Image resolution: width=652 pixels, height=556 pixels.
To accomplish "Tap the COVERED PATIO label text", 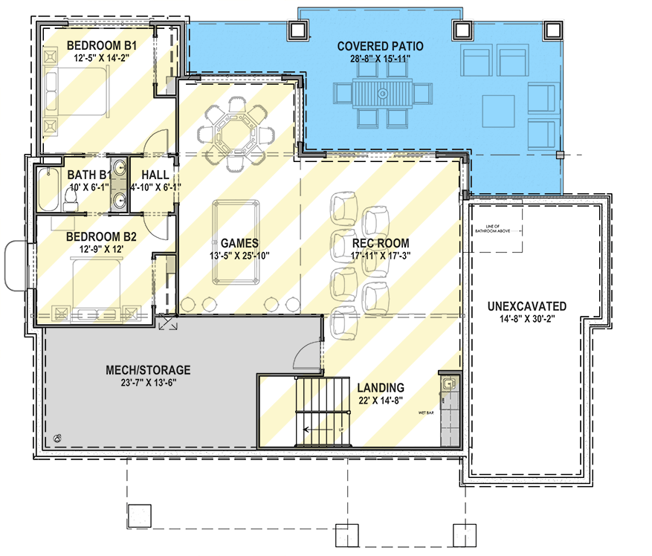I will point(379,45).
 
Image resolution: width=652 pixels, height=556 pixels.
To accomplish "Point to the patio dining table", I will point(381,95).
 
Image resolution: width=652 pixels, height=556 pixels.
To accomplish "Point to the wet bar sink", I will point(447,384).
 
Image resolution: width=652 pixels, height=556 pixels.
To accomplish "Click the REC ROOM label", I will point(381,243).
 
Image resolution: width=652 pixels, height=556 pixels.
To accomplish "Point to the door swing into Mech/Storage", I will point(307,355).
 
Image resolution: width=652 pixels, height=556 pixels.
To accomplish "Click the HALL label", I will point(154,175).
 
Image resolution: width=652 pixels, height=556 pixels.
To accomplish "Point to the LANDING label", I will point(380,387).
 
